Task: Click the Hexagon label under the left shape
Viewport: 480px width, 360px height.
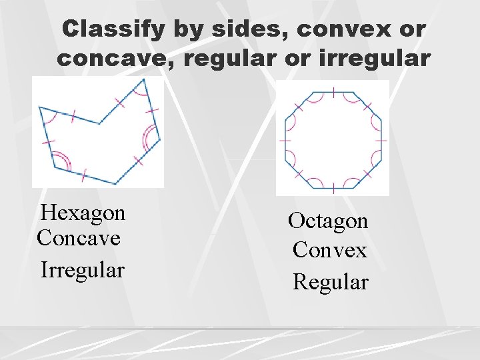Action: pos(83,213)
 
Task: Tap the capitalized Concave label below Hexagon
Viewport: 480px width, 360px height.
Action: pos(79,237)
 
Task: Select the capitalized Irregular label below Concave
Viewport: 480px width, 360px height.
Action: pos(83,271)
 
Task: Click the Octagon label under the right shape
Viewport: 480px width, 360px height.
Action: pos(328,221)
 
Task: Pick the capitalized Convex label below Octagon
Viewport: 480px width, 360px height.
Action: pos(330,251)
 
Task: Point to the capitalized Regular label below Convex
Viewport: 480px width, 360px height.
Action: pos(331,282)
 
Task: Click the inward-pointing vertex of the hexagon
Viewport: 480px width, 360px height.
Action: pos(100,123)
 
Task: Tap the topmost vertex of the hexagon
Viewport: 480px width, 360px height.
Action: pos(144,79)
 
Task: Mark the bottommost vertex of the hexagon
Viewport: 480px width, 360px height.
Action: pos(115,184)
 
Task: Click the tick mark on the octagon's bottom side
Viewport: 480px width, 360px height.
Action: pos(333,189)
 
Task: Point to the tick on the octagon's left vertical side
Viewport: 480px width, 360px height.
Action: pos(285,141)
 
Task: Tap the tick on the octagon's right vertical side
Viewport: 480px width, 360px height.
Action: pos(381,141)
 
